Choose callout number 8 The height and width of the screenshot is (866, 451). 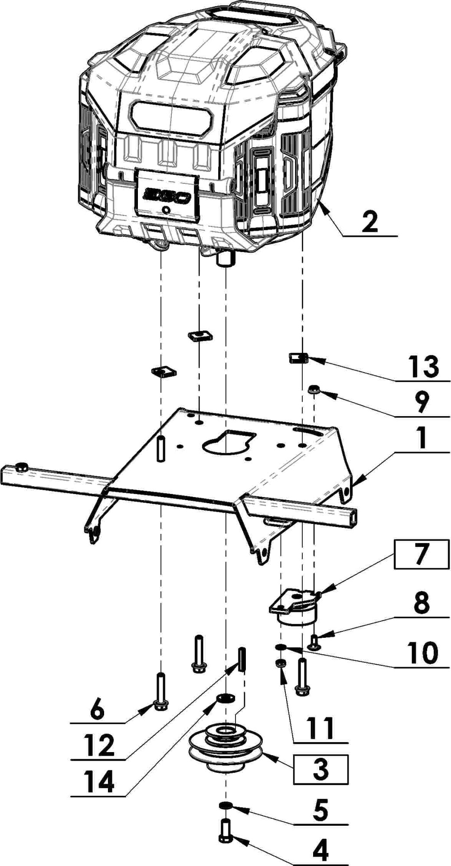click(x=420, y=603)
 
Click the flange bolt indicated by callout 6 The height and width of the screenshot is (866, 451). click(x=160, y=691)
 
